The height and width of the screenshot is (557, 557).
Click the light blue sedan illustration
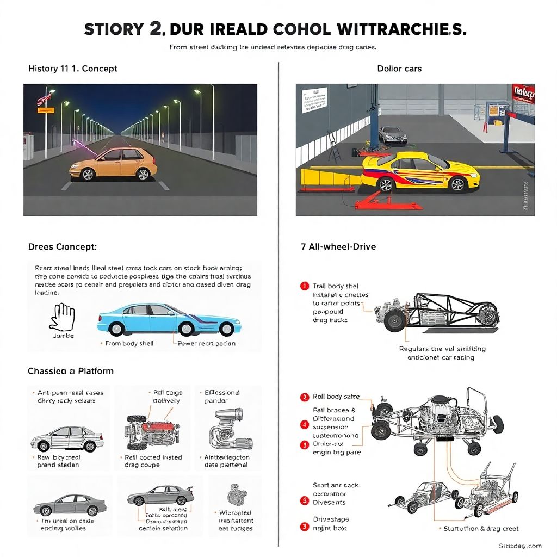169,320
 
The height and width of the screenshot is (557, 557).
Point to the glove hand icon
61,317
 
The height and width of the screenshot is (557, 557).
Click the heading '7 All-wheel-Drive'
338,246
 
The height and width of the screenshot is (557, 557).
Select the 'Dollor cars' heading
399,69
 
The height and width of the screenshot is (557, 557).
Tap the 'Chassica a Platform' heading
71,371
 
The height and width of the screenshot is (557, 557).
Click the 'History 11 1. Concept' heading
72,69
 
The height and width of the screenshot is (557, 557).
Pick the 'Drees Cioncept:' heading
62,246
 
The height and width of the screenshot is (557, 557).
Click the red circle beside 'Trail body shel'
304,286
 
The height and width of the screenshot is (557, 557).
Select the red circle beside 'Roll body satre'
304,397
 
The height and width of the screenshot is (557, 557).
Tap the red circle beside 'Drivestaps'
304,527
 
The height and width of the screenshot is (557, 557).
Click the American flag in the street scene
44,99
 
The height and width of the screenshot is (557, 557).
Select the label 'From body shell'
129,343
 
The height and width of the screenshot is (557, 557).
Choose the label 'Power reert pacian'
207,343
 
